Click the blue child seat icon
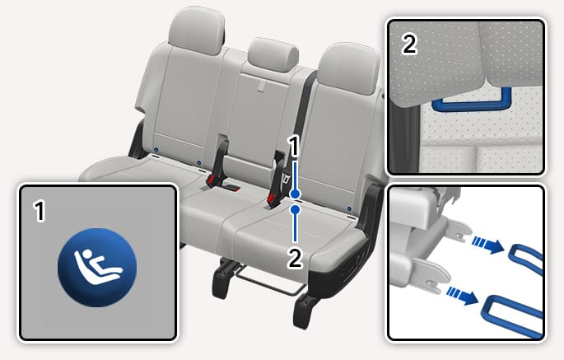coord(97,268)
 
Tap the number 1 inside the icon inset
coord(40,212)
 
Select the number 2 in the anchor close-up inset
coord(410,44)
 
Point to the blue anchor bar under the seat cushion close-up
coord(472,102)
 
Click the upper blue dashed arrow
coord(487,245)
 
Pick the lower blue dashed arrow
coord(463,296)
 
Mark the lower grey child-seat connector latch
coord(431,276)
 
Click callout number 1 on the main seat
coord(295,147)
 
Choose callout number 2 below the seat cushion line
coord(295,259)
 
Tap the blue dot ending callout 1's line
coord(296,194)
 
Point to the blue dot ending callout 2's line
coord(296,209)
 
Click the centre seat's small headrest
coord(273,54)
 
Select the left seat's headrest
coord(197,30)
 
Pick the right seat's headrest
coord(348,69)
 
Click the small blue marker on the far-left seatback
coord(156,149)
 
